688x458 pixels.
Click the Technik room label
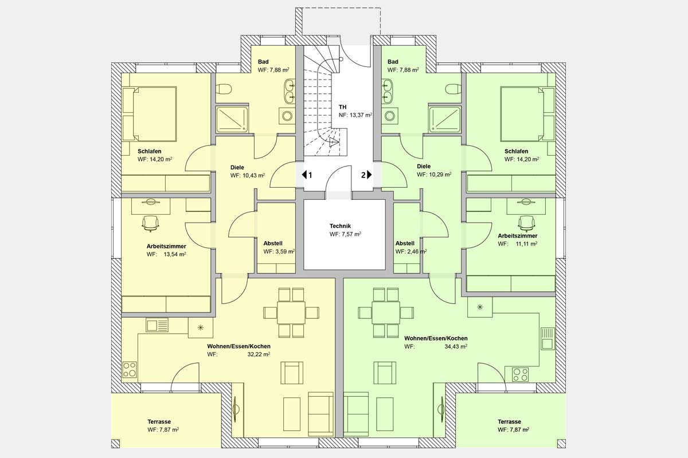point(345,226)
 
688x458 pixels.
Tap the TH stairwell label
point(342,107)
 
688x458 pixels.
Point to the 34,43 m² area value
point(456,346)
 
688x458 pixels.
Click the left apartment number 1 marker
point(307,175)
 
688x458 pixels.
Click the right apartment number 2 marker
point(366,175)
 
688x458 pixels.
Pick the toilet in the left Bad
point(225,89)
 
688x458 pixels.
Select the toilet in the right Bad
point(453,89)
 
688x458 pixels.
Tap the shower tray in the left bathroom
point(232,119)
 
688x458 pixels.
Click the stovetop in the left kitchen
point(130,370)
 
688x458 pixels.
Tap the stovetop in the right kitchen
point(521,374)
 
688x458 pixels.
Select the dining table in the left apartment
point(291,313)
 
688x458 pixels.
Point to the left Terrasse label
point(159,421)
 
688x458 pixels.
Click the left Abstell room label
point(273,243)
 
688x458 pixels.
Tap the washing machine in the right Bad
point(392,115)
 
